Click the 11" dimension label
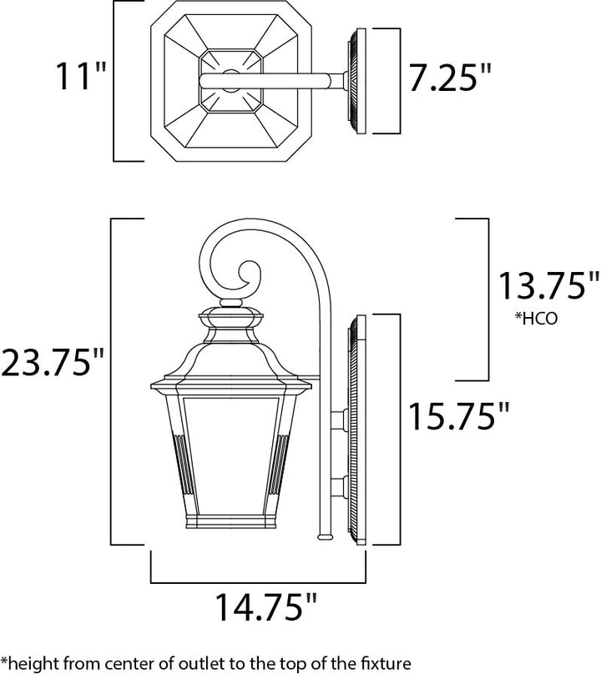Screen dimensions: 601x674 click(x=80, y=76)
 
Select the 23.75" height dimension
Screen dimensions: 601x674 click(x=52, y=361)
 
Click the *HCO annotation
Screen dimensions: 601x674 click(x=536, y=319)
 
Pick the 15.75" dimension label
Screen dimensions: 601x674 click(x=457, y=415)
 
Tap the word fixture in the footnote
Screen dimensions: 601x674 click(x=386, y=662)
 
